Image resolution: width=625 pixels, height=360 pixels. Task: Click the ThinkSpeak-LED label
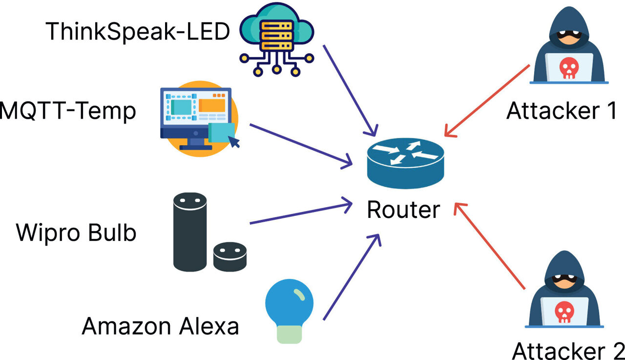click(x=138, y=32)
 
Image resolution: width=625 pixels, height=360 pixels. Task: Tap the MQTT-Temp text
click(x=67, y=111)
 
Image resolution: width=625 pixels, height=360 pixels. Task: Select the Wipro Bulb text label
click(x=76, y=233)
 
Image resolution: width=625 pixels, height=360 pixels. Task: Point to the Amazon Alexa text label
click(x=160, y=326)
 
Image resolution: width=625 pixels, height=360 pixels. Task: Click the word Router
click(x=403, y=210)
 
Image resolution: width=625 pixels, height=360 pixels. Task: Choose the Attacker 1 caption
click(x=562, y=111)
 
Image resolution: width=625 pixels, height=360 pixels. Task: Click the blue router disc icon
click(x=405, y=163)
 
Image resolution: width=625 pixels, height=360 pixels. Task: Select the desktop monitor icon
click(x=195, y=117)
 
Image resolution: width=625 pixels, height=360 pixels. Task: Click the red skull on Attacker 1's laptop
click(x=568, y=68)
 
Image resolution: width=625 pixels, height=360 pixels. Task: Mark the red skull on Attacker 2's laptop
click(x=565, y=311)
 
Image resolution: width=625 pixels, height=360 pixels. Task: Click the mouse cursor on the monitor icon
click(x=235, y=142)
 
